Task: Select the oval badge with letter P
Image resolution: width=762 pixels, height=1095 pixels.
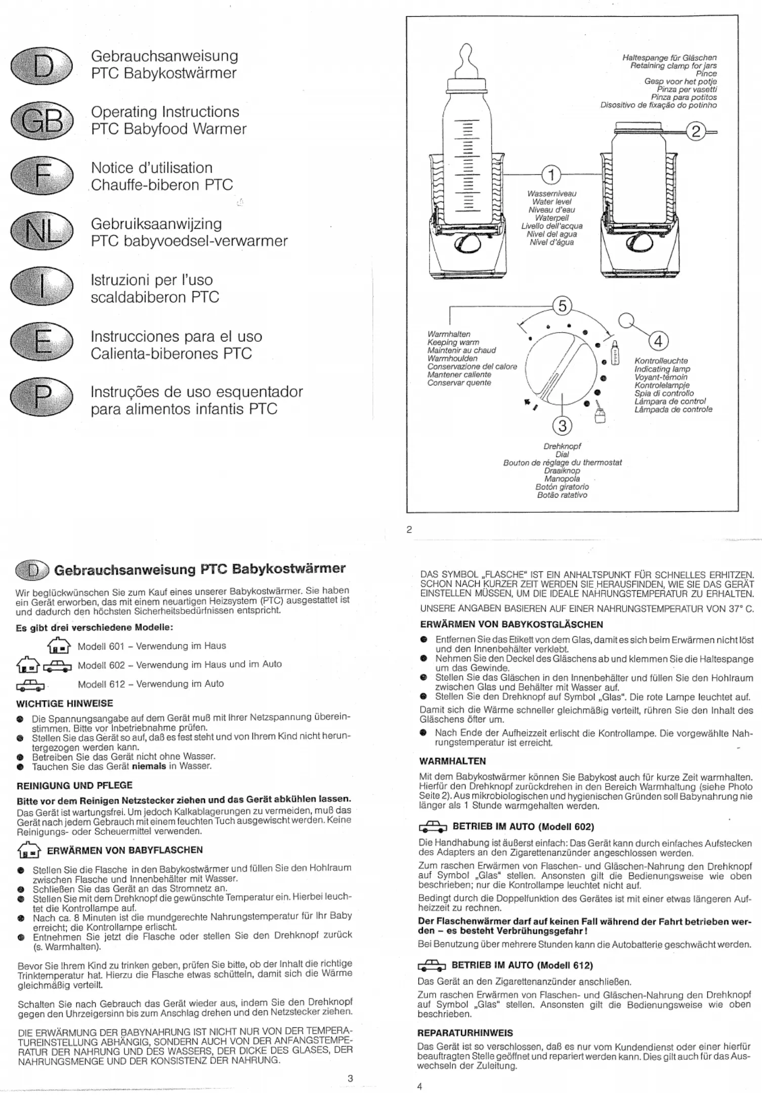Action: (x=41, y=400)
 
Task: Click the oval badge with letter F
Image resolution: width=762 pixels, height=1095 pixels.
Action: (x=41, y=176)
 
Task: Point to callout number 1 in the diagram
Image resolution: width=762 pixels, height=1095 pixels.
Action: (x=552, y=176)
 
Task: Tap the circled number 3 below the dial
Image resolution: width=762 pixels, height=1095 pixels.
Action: (x=562, y=426)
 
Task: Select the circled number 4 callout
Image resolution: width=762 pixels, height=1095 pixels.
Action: (x=659, y=342)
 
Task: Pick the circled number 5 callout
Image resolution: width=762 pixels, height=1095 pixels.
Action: (x=562, y=306)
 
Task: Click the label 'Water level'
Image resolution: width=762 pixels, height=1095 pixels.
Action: (x=551, y=202)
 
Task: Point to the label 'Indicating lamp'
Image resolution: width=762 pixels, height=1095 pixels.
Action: (x=662, y=369)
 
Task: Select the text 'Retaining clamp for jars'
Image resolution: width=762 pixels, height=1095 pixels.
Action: (x=673, y=66)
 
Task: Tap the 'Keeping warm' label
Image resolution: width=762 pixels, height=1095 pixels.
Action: (x=453, y=342)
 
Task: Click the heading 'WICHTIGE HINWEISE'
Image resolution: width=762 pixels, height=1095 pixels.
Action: (x=65, y=704)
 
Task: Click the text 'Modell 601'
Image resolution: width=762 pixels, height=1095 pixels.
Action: (x=101, y=646)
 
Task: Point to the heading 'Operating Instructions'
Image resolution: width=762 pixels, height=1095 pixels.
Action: (x=165, y=112)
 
